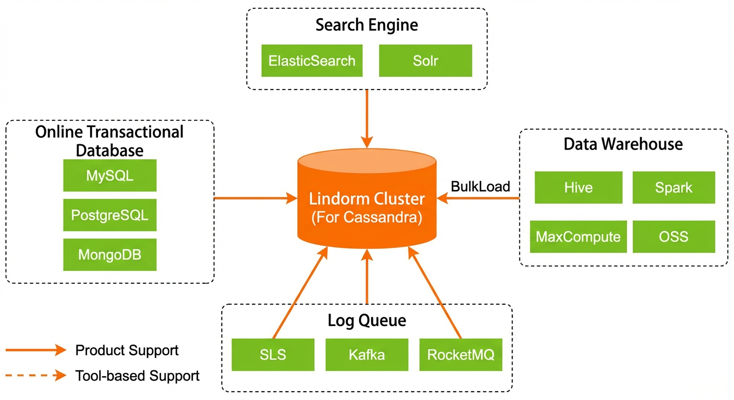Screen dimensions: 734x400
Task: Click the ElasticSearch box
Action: (x=312, y=60)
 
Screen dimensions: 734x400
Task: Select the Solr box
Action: (x=425, y=60)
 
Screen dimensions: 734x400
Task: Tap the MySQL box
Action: (x=110, y=176)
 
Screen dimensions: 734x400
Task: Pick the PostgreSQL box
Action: (x=110, y=215)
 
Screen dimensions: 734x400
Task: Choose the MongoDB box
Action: (x=110, y=255)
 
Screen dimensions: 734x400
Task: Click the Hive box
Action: (x=578, y=187)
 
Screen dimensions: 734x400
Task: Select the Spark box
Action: (x=674, y=187)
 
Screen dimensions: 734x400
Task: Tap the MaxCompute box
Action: (x=578, y=236)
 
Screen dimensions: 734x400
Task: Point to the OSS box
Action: (x=674, y=236)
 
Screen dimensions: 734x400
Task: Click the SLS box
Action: (x=273, y=355)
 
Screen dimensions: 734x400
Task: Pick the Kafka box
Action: (x=366, y=355)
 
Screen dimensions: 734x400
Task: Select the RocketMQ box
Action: (x=461, y=355)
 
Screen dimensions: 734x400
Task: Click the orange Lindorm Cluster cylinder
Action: (x=366, y=198)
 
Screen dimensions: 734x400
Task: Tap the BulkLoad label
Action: (x=480, y=186)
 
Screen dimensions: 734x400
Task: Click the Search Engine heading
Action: (x=366, y=25)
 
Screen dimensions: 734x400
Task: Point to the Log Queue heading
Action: (x=366, y=320)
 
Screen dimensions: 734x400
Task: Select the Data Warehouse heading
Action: (x=623, y=144)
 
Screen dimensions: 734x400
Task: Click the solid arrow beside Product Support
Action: (x=36, y=350)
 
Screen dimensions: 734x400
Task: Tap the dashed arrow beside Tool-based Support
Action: (x=36, y=376)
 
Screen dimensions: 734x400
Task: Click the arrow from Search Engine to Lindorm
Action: (x=366, y=119)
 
